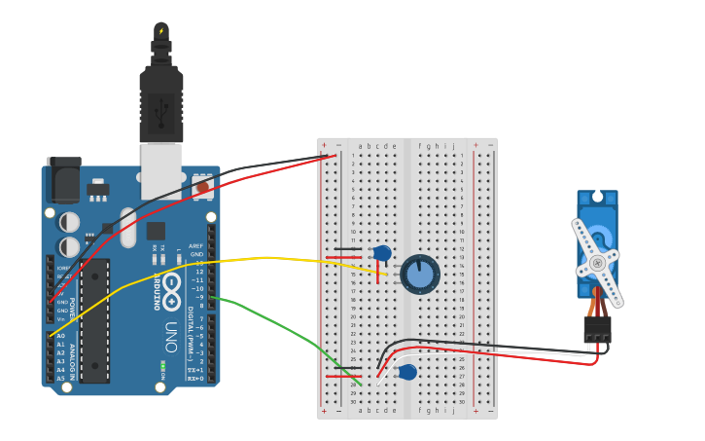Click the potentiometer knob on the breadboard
pos(420,275)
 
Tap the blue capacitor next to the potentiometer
pos(382,253)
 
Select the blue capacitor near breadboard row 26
pos(407,372)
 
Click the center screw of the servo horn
pos(597,262)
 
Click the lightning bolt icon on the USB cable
pos(161,31)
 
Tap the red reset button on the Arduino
pos(202,186)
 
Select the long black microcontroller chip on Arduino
pos(94,321)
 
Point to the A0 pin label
pos(60,336)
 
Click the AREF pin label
pos(196,246)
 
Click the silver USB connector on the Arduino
pos(160,170)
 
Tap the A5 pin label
pos(60,379)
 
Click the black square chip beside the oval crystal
pos(156,231)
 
